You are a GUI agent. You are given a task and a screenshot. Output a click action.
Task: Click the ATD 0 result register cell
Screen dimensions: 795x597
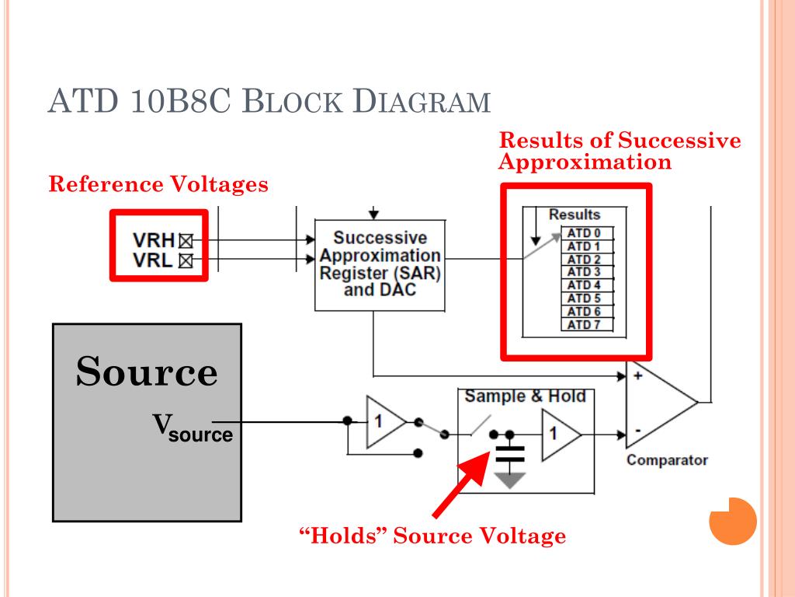588,233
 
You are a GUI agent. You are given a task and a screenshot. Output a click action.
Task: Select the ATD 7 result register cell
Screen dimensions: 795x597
588,324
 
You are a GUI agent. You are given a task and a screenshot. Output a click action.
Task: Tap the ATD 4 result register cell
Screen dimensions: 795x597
588,285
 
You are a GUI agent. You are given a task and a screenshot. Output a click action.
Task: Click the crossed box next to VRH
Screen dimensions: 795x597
186,241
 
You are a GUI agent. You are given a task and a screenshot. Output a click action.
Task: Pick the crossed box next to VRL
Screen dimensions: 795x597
186,261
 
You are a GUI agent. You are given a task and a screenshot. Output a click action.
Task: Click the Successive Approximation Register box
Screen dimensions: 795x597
380,265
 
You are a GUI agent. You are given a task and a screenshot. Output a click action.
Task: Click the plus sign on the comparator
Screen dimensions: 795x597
638,375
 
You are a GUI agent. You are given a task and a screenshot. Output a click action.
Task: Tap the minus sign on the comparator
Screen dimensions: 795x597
638,431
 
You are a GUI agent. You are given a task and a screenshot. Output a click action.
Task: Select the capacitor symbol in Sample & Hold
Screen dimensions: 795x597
510,454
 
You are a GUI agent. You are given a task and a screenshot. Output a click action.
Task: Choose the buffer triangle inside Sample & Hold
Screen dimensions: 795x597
561,435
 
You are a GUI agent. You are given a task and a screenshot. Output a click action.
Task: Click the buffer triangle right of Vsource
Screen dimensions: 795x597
386,422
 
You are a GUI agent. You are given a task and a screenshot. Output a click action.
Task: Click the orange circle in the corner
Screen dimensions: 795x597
733,522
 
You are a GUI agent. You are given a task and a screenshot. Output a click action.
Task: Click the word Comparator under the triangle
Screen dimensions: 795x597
667,460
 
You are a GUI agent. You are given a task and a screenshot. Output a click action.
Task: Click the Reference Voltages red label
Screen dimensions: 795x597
158,184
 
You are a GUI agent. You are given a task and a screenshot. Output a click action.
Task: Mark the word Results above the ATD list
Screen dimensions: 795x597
575,215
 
